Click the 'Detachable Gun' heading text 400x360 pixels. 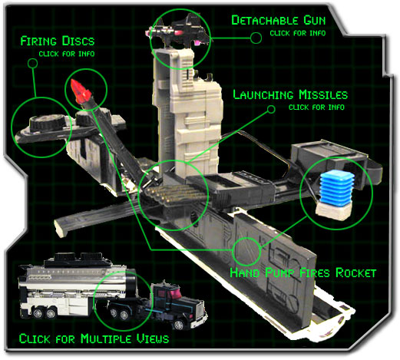point(279,20)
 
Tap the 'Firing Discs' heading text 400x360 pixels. point(58,41)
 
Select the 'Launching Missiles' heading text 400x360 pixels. point(290,94)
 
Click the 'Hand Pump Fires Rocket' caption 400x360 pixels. point(303,272)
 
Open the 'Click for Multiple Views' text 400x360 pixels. point(94,339)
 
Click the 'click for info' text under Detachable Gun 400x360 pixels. point(298,33)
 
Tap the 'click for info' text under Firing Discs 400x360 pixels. point(67,54)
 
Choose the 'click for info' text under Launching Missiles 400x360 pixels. point(316,107)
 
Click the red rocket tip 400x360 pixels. point(81,91)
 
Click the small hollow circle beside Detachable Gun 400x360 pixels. point(256,38)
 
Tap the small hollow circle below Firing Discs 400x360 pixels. point(32,63)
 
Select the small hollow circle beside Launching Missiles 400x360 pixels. point(271,109)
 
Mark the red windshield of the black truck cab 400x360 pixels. point(175,293)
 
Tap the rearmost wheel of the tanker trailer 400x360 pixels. point(38,313)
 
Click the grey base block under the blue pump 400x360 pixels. point(333,210)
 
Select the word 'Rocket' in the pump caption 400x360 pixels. point(355,272)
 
